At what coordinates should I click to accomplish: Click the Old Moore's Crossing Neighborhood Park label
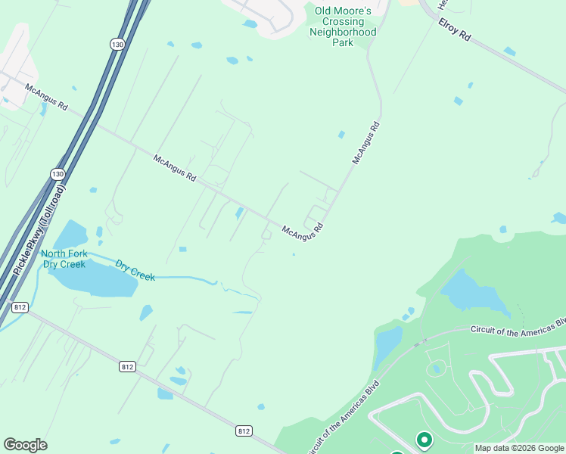(x=343, y=26)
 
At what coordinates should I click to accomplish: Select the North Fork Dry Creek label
(x=64, y=259)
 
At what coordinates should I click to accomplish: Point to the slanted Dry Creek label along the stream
(x=135, y=271)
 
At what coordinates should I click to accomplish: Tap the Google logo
(x=25, y=444)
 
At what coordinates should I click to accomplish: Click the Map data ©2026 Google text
(x=520, y=448)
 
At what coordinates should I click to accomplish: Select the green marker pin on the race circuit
(x=424, y=439)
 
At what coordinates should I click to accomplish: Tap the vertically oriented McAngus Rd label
(x=365, y=141)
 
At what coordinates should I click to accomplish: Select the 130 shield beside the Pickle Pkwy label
(x=58, y=174)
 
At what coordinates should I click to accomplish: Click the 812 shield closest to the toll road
(x=20, y=307)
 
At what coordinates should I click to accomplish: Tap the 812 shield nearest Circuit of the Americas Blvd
(x=243, y=431)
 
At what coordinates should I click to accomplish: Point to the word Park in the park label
(x=343, y=43)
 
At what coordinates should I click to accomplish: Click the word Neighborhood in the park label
(x=343, y=33)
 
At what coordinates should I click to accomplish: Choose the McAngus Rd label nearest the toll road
(x=46, y=98)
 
